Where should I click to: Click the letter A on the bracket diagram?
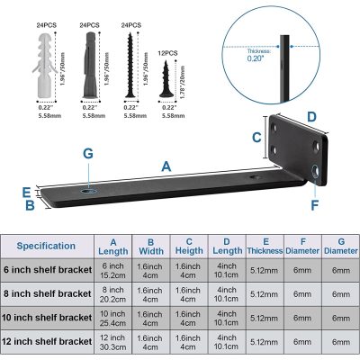click(x=166, y=166)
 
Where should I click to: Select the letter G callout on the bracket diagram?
click(x=87, y=154)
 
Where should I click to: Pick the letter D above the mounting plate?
click(x=311, y=117)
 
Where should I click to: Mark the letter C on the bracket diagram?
click(x=256, y=138)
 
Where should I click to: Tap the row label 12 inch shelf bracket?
click(x=50, y=343)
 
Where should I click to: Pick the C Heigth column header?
click(x=189, y=244)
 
